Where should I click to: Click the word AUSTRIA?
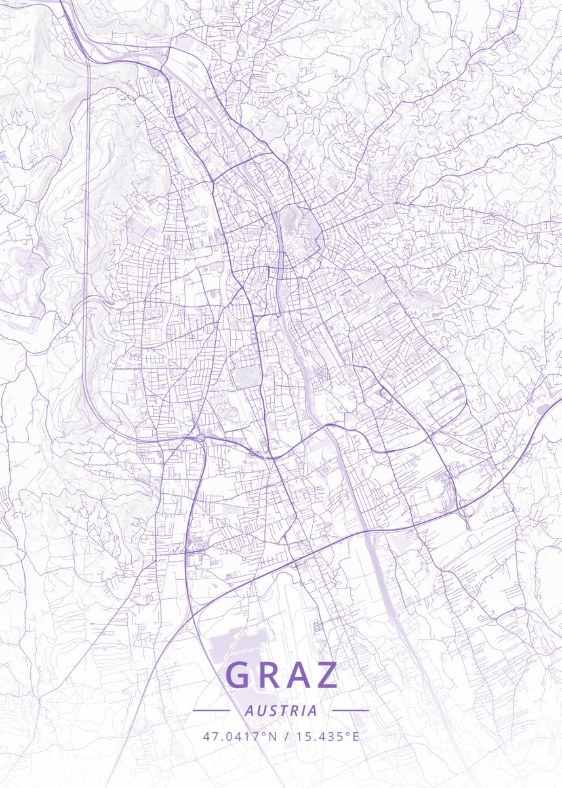(281, 711)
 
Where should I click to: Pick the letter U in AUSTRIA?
(259, 711)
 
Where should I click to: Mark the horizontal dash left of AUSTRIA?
(211, 710)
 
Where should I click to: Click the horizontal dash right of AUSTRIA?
(350, 710)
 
